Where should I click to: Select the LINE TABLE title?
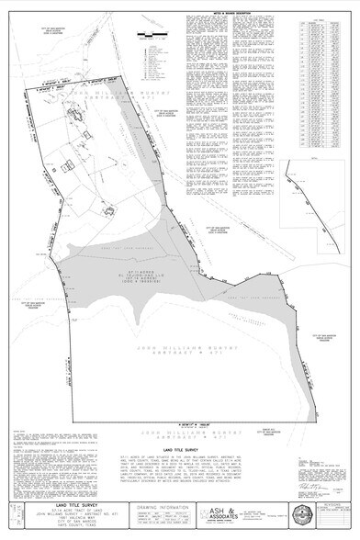[x=314, y=17]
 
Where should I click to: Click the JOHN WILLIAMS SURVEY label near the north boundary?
[x=101, y=92]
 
